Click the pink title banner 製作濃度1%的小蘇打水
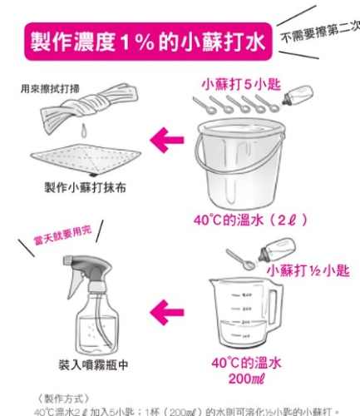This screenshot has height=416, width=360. click(x=145, y=41)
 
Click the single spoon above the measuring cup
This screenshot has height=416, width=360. click(x=239, y=260)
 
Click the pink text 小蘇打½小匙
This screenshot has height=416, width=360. click(x=307, y=270)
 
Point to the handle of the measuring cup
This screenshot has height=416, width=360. click(x=273, y=310)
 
